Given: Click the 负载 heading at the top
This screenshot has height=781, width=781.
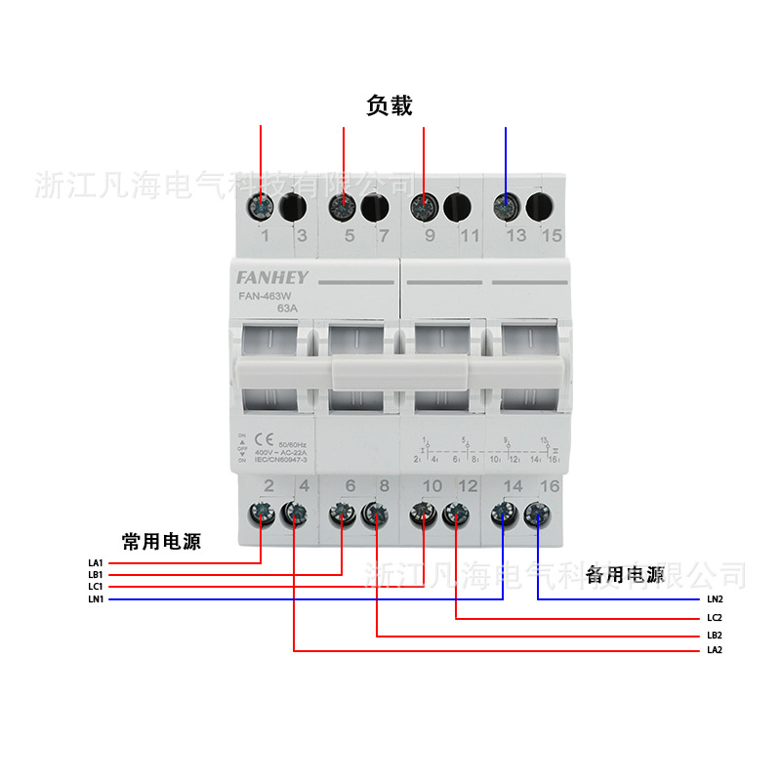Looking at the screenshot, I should [390, 105].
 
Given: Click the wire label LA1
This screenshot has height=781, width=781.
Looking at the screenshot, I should [95, 563].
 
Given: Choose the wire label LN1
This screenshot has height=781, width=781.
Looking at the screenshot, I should [95, 599].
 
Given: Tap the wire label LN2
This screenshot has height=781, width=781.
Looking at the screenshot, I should [715, 599].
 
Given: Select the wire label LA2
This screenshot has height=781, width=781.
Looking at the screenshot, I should [715, 650].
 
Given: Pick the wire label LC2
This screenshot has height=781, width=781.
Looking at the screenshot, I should [715, 619].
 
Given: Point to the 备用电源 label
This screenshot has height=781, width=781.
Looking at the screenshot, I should [625, 575].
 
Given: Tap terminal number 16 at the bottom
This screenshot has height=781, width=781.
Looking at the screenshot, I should [551, 484].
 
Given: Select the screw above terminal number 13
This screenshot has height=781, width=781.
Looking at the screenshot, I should [506, 206].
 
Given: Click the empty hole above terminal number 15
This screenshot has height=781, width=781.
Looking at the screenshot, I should [538, 206].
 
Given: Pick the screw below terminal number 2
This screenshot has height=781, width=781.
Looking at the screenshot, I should [262, 513].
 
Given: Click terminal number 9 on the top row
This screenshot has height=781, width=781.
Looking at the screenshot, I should [429, 235].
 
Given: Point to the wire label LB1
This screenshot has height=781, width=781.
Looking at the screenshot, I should [95, 575].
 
